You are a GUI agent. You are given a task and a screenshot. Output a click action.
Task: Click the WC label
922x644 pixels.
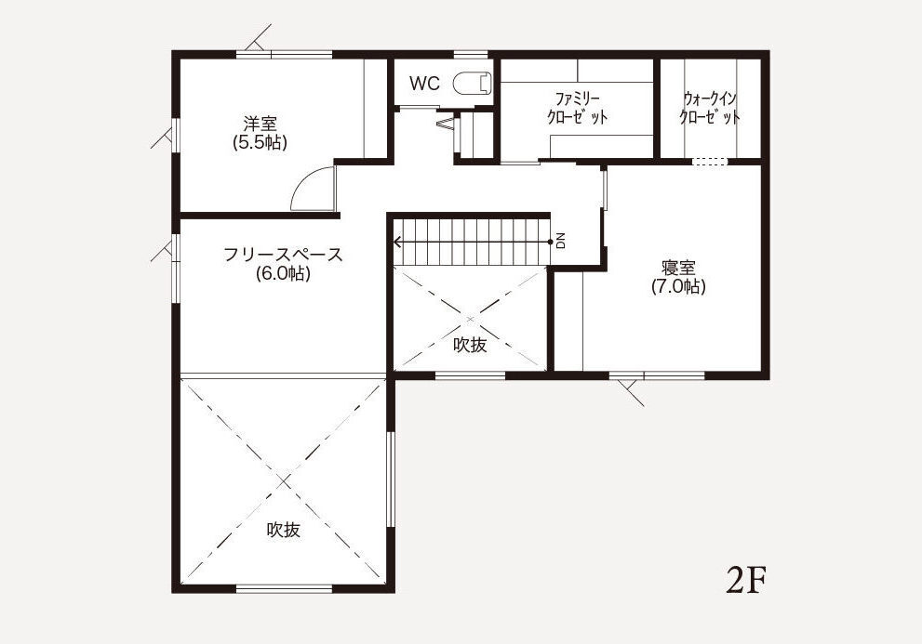click(424, 84)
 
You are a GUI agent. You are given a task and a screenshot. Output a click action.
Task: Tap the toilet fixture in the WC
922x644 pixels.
click(473, 83)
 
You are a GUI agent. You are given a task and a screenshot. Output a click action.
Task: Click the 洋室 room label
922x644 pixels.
click(260, 124)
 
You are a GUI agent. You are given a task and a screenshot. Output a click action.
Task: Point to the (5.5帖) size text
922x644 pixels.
click(260, 143)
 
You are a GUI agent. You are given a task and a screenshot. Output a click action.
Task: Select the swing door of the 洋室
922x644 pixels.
click(313, 188)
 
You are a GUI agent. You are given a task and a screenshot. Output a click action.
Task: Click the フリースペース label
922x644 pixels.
click(283, 255)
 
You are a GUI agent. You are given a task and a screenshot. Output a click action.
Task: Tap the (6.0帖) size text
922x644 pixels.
click(283, 273)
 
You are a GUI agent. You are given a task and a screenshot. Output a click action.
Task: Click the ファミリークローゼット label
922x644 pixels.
click(577, 108)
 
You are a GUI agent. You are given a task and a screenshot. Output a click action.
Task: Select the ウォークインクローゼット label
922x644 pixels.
click(709, 108)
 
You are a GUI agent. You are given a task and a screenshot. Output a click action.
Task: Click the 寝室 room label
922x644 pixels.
click(678, 268)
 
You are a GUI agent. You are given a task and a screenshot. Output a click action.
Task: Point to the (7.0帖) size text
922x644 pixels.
click(678, 287)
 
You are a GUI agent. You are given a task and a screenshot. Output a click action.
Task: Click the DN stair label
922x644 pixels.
click(560, 241)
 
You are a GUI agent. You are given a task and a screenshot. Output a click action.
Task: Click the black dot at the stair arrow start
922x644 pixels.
click(550, 242)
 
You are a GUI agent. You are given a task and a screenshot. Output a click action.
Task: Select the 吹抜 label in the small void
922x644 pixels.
click(470, 345)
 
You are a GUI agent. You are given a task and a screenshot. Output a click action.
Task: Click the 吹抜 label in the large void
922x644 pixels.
click(284, 530)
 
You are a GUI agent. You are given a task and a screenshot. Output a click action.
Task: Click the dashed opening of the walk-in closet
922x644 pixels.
click(709, 162)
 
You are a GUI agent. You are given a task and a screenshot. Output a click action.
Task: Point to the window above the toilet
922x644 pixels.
click(471, 55)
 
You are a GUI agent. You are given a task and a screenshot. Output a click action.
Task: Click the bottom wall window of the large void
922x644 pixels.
click(284, 588)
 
